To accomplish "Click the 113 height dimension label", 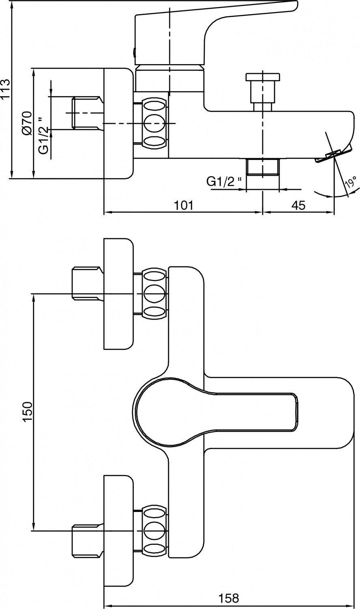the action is [x=5, y=90].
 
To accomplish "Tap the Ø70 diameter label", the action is [x=28, y=123].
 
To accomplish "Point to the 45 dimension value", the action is [x=299, y=205].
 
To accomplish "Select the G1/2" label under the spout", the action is [x=224, y=181].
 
